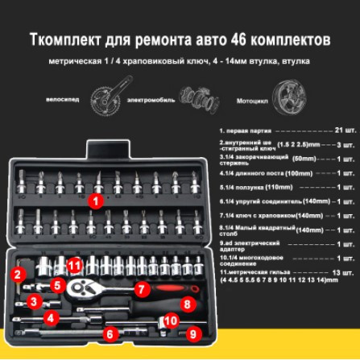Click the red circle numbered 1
click(95, 201)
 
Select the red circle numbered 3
click(34, 301)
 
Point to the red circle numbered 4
click(51, 318)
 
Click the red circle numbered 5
click(56, 284)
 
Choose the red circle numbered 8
click(186, 304)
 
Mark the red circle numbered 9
click(192, 332)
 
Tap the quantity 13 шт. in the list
click(343, 273)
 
